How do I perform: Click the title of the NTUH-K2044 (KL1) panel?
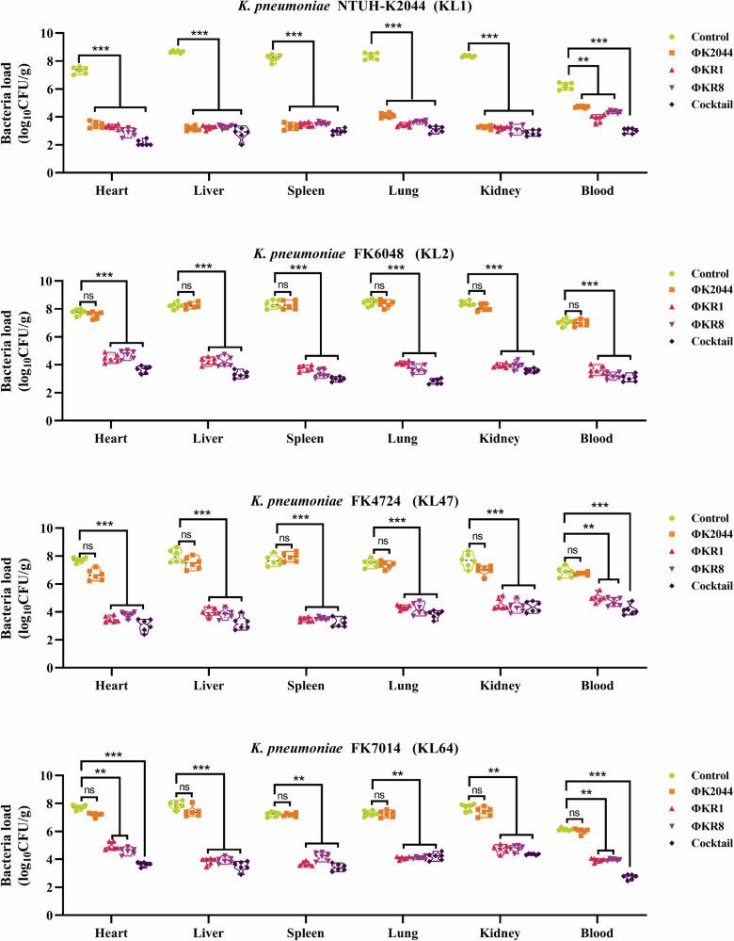(366, 8)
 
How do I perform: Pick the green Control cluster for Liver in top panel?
(177, 52)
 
